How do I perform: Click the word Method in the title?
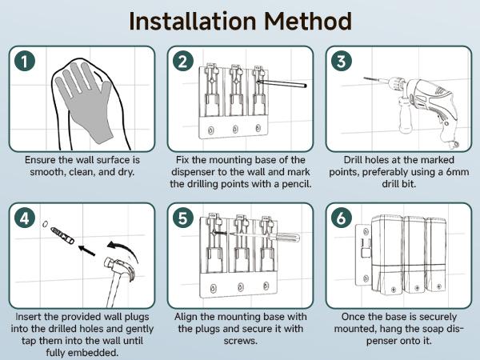307,21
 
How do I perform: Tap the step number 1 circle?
25,61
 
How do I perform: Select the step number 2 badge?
182,61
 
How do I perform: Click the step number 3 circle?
342,61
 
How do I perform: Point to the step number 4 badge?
25,218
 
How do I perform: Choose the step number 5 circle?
182,218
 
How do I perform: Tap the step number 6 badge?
342,218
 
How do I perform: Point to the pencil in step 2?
282,83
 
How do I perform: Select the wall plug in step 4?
62,234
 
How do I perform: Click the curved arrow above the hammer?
124,250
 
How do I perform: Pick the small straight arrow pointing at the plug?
86,250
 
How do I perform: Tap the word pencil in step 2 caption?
295,184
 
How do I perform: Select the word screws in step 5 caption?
240,341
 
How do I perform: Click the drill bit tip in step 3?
364,78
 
